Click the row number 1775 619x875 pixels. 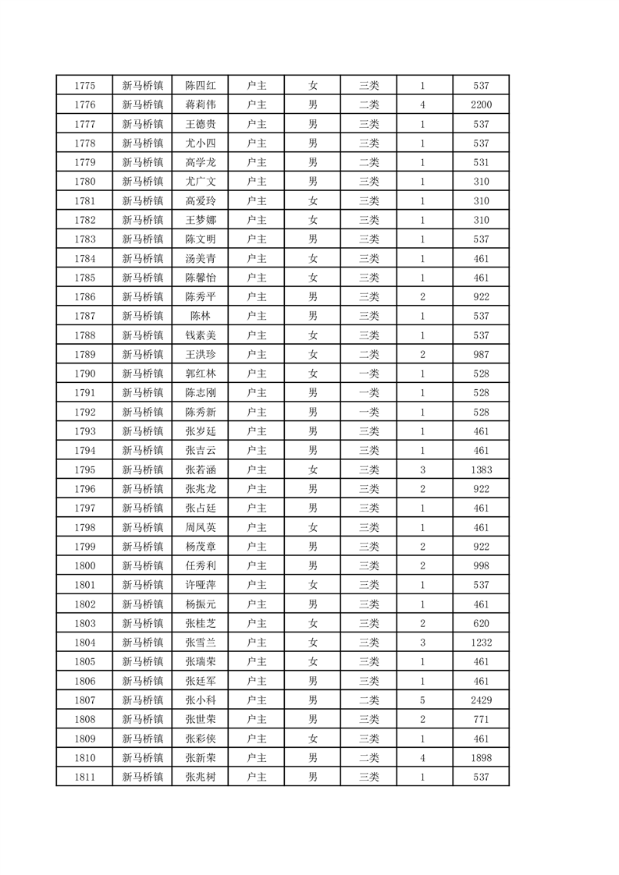(x=84, y=85)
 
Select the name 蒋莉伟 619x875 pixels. (x=200, y=105)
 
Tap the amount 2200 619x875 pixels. (x=481, y=105)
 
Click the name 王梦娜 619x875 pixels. (x=200, y=220)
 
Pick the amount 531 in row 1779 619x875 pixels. (x=481, y=162)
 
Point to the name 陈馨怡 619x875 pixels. (x=200, y=278)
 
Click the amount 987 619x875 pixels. (x=481, y=355)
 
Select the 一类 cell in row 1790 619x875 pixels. (x=368, y=374)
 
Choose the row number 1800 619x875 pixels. (x=84, y=566)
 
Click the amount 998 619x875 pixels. (x=481, y=566)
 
